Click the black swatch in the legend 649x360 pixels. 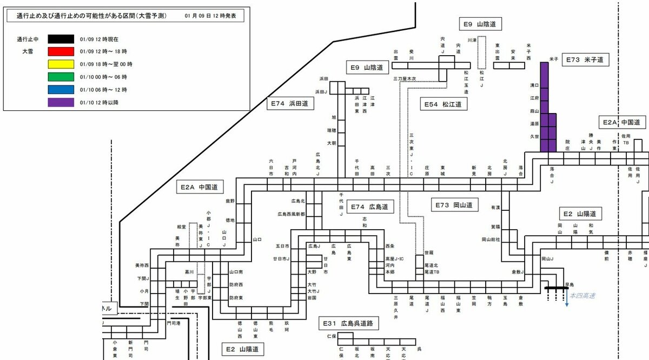(x=61, y=39)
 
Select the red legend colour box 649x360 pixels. (x=61, y=52)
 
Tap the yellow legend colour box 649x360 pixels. (x=61, y=64)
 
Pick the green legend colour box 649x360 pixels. (x=61, y=77)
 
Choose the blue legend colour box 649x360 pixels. (x=61, y=89)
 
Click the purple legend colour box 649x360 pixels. (x=61, y=102)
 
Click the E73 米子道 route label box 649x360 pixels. (x=583, y=59)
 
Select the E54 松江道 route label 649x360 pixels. (x=443, y=105)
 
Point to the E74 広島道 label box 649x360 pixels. (x=369, y=206)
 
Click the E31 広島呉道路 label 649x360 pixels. (x=348, y=324)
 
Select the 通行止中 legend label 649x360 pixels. (x=27, y=39)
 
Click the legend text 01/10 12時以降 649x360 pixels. (x=98, y=102)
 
